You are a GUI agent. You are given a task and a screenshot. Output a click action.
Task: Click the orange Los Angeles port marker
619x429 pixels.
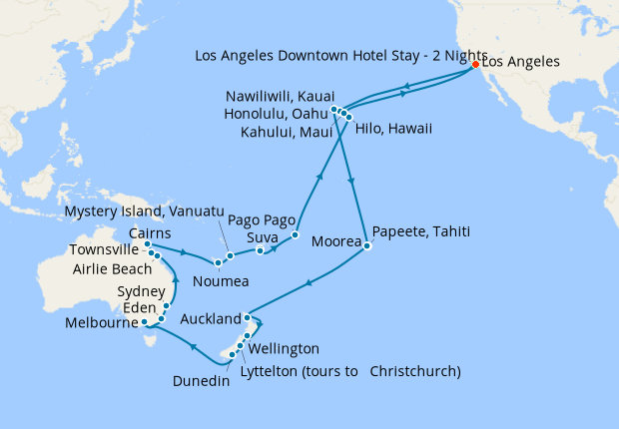coord(475,64)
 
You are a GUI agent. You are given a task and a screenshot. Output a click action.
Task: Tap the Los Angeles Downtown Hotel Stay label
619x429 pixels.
coord(340,55)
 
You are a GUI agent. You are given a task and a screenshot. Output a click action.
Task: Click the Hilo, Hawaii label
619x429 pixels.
coord(395,130)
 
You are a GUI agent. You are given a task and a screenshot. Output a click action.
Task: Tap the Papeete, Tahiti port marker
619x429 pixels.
coord(367,246)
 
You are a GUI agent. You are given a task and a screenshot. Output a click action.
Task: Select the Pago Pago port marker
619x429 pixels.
coord(296,236)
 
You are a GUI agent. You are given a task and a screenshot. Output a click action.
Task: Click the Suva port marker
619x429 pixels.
coord(260,249)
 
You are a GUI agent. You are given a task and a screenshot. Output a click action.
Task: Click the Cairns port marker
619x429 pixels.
coord(147,244)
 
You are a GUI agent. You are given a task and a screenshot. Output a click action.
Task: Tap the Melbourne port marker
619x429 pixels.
coord(146,322)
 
